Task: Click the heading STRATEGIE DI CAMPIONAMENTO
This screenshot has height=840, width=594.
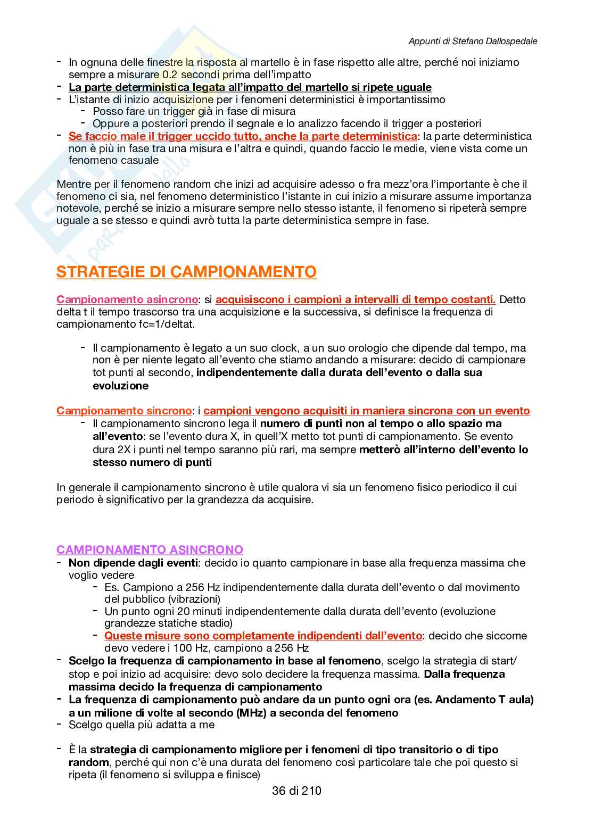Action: (186, 272)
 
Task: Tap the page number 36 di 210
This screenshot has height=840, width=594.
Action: (296, 791)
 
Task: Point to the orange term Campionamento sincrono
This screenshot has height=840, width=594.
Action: (123, 411)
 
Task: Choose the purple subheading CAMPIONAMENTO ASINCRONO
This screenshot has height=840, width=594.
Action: (150, 550)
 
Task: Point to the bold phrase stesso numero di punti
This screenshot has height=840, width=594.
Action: (152, 462)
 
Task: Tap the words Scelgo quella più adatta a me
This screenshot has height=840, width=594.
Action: (142, 725)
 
